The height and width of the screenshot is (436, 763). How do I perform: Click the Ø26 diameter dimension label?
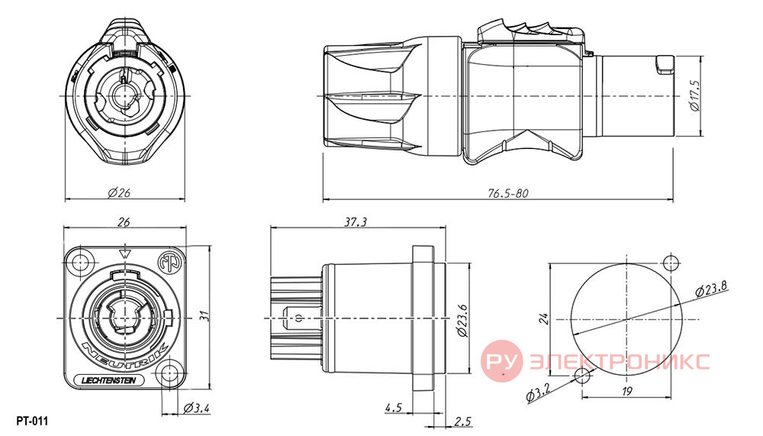coord(119,193)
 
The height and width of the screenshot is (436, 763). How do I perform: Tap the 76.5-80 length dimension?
coord(507,193)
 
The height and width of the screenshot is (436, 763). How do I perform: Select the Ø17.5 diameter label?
coord(696,95)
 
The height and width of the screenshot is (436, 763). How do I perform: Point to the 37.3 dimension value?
coord(356,222)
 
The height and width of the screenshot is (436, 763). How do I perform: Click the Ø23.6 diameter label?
coord(462,321)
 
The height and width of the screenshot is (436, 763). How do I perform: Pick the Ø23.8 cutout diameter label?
coord(711,289)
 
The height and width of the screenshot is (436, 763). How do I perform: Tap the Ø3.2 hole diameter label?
coord(538,392)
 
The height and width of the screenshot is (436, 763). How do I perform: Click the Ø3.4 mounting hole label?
coord(197,408)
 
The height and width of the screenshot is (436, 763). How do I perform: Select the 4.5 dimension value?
coord(393,407)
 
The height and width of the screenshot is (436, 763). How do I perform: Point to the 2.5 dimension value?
coord(462,421)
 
